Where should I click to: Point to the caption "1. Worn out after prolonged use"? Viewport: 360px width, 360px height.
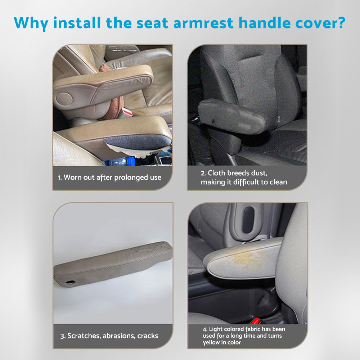[x=109, y=177]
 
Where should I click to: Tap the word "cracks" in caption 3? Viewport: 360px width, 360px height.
[x=145, y=336]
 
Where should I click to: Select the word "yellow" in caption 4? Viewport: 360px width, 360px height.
[x=211, y=342]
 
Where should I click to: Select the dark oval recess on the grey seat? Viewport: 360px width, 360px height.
[x=248, y=220]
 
